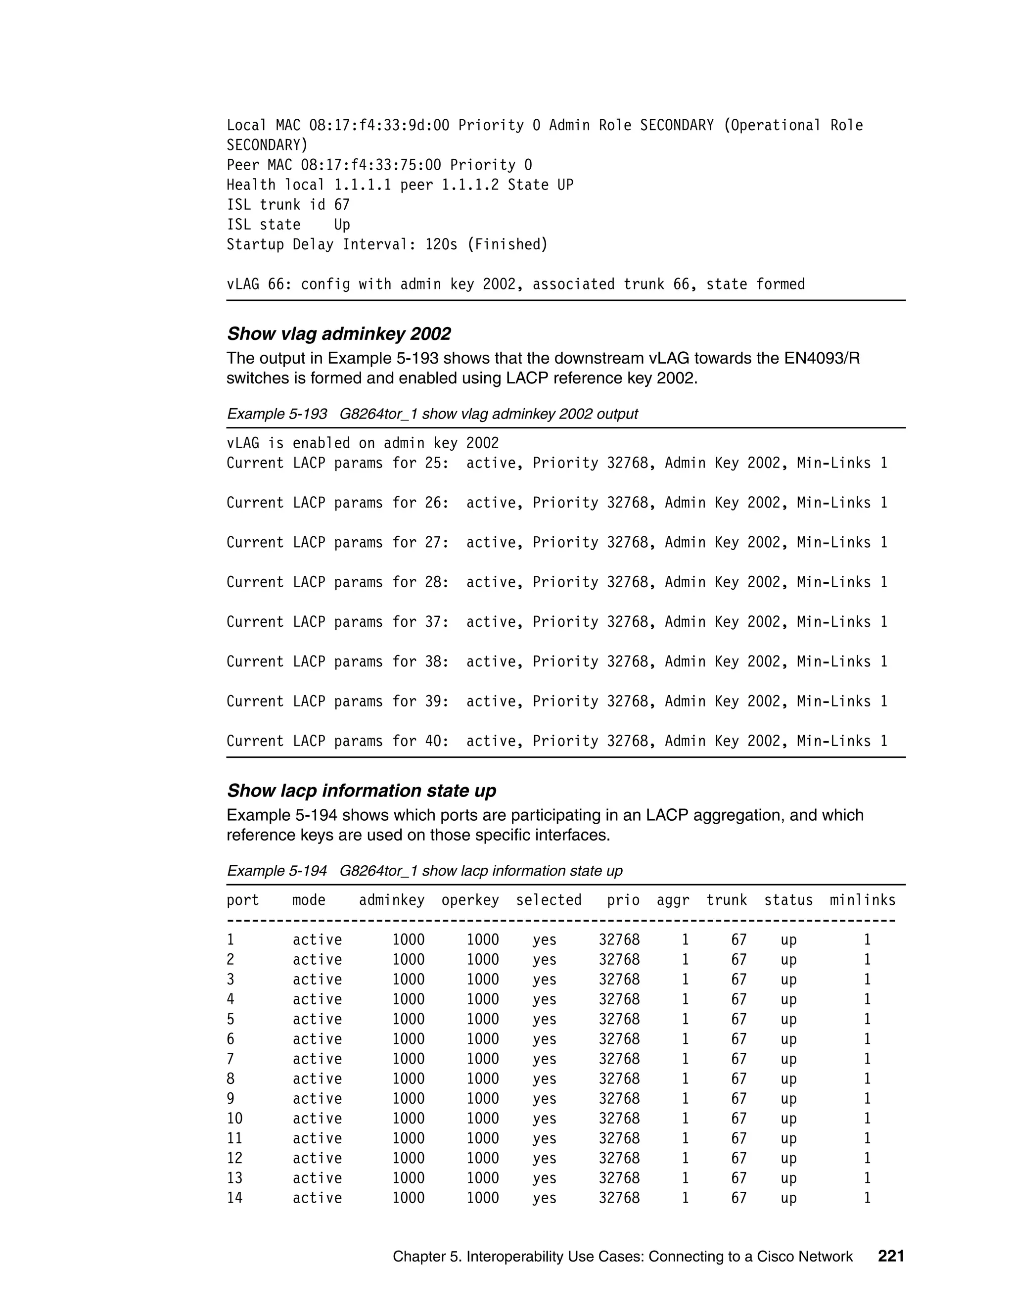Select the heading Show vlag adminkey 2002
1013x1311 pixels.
coord(338,334)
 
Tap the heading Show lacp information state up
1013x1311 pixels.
coord(361,791)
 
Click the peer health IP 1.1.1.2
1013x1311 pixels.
coord(470,185)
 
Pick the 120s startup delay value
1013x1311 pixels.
coord(441,244)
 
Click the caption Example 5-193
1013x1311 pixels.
coord(276,414)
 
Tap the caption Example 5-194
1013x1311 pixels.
coord(276,871)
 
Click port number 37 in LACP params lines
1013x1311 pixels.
coord(433,622)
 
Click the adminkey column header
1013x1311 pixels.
coord(391,900)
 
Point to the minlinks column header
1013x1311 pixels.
coord(862,900)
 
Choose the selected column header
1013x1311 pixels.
coord(549,900)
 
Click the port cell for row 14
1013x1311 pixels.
coord(234,1198)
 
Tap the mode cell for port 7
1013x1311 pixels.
coord(317,1059)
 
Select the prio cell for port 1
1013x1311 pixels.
coord(619,940)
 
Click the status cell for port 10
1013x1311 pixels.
coord(788,1119)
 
